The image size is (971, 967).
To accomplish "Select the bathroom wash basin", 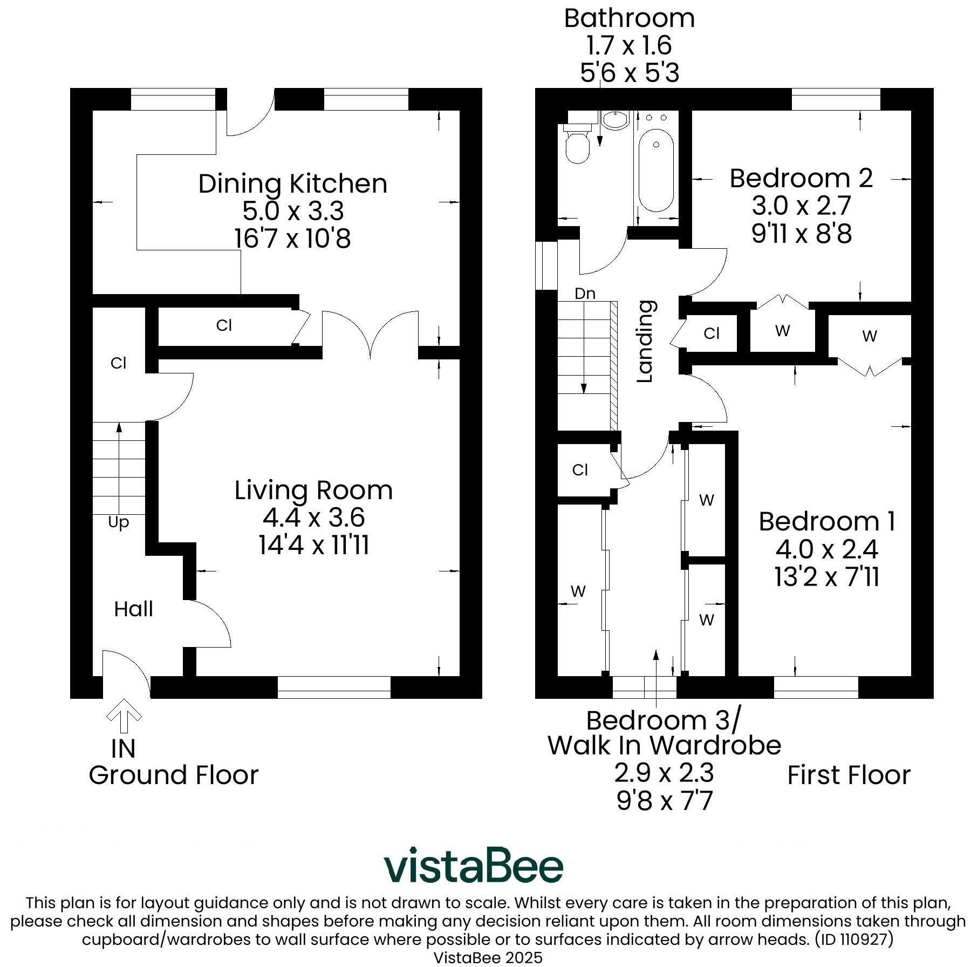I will (615, 120).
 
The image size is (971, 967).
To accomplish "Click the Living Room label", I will (313, 490).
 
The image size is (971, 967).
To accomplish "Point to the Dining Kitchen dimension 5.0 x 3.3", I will (293, 210).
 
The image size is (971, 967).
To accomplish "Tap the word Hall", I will (133, 609).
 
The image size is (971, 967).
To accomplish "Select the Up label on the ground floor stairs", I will (118, 522).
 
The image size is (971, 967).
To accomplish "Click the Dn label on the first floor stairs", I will (585, 294).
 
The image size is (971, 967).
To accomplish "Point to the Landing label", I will (645, 341).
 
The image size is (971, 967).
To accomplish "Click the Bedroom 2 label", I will (801, 178).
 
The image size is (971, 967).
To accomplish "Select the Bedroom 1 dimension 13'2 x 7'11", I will (826, 577).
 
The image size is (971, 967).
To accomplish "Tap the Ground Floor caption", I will (174, 775).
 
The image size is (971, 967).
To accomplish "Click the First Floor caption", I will (849, 775).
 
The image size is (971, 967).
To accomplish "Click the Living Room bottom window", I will (334, 687).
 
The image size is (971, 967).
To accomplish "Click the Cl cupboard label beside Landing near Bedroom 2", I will (712, 333).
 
